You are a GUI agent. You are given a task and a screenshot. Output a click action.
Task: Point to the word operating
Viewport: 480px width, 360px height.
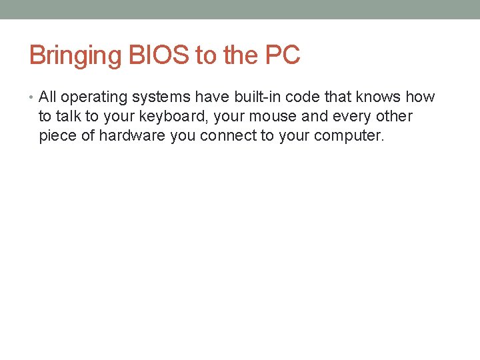[x=94, y=98]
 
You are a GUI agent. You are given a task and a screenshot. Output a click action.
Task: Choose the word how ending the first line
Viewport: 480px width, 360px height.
[x=420, y=97]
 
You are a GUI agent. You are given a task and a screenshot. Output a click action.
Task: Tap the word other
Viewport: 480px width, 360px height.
[x=394, y=117]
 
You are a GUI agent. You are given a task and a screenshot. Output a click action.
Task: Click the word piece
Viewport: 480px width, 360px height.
[x=58, y=137]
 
